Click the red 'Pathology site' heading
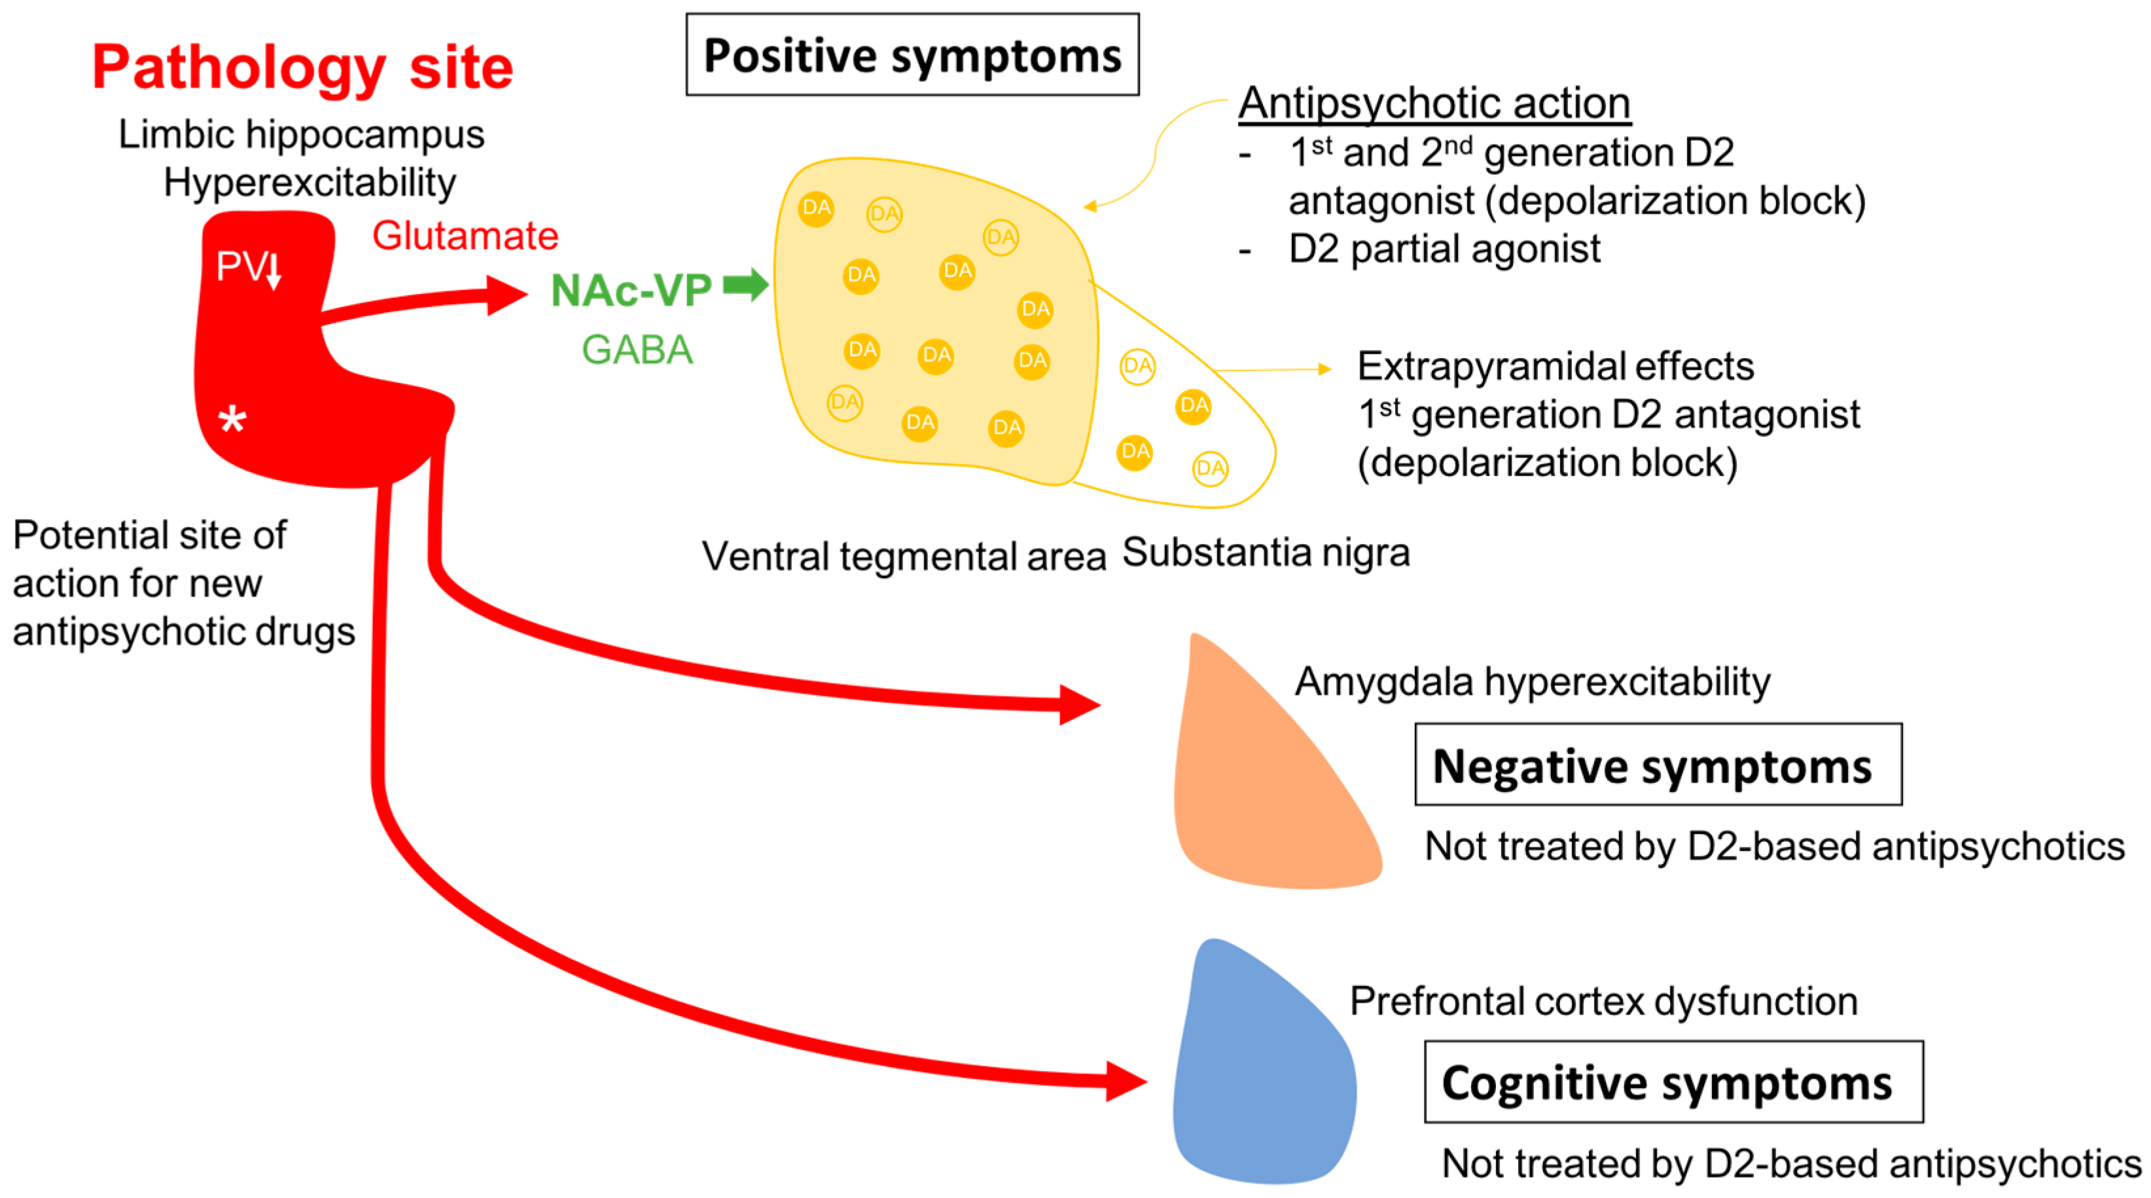pos(302,67)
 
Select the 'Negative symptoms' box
pos(1658,765)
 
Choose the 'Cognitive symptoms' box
pos(1673,1083)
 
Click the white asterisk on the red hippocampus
pos(232,420)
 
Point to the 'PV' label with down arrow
pos(249,267)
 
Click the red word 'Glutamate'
pos(465,236)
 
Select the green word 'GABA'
pos(637,349)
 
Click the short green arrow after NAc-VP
pos(745,285)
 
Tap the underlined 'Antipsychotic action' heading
pos(1434,103)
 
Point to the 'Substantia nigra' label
pos(1266,553)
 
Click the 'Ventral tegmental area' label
pos(904,556)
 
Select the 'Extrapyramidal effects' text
pos(1555,366)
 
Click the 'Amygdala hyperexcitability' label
pos(1532,681)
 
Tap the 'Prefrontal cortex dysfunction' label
pos(1603,1001)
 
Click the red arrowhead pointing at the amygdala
pos(1079,704)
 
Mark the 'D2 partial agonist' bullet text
pos(1444,249)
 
